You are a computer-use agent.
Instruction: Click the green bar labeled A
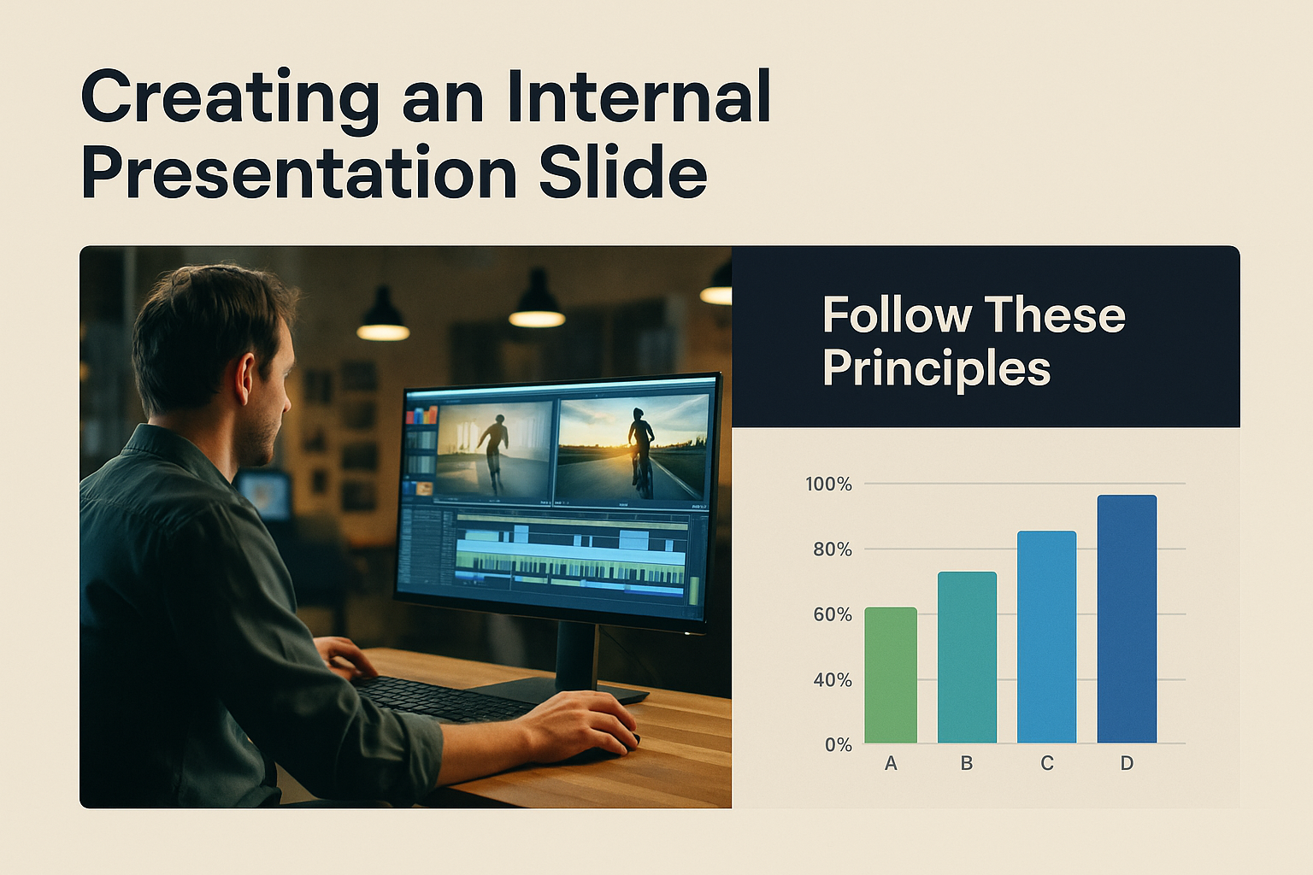[891, 675]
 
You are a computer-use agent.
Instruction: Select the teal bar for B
[967, 657]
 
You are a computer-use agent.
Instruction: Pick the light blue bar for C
[1047, 637]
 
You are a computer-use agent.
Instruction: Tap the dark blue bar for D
[1128, 619]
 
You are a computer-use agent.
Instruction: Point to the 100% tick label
[829, 484]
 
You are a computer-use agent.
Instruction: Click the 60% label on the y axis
[833, 614]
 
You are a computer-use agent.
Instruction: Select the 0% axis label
[839, 745]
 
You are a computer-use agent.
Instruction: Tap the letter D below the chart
[1127, 763]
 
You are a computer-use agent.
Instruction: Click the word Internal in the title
[639, 96]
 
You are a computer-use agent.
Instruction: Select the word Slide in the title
[623, 173]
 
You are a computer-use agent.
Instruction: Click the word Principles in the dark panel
[937, 369]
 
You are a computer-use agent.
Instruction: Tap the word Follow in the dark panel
[898, 314]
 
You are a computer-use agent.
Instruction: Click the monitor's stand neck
[577, 655]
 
